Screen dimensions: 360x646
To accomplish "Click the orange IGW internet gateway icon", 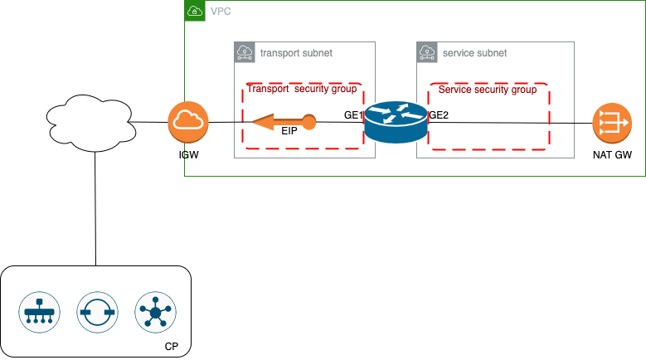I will click(187, 123).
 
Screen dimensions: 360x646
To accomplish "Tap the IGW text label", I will click(188, 155).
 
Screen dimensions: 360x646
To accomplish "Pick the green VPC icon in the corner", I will click(193, 12).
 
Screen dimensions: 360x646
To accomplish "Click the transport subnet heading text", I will click(296, 53).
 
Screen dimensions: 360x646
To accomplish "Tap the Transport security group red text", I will click(302, 88).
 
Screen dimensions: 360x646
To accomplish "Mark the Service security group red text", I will click(487, 89).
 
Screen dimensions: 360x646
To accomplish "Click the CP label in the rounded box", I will click(172, 345).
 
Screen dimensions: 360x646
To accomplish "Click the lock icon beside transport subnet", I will click(245, 53).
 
